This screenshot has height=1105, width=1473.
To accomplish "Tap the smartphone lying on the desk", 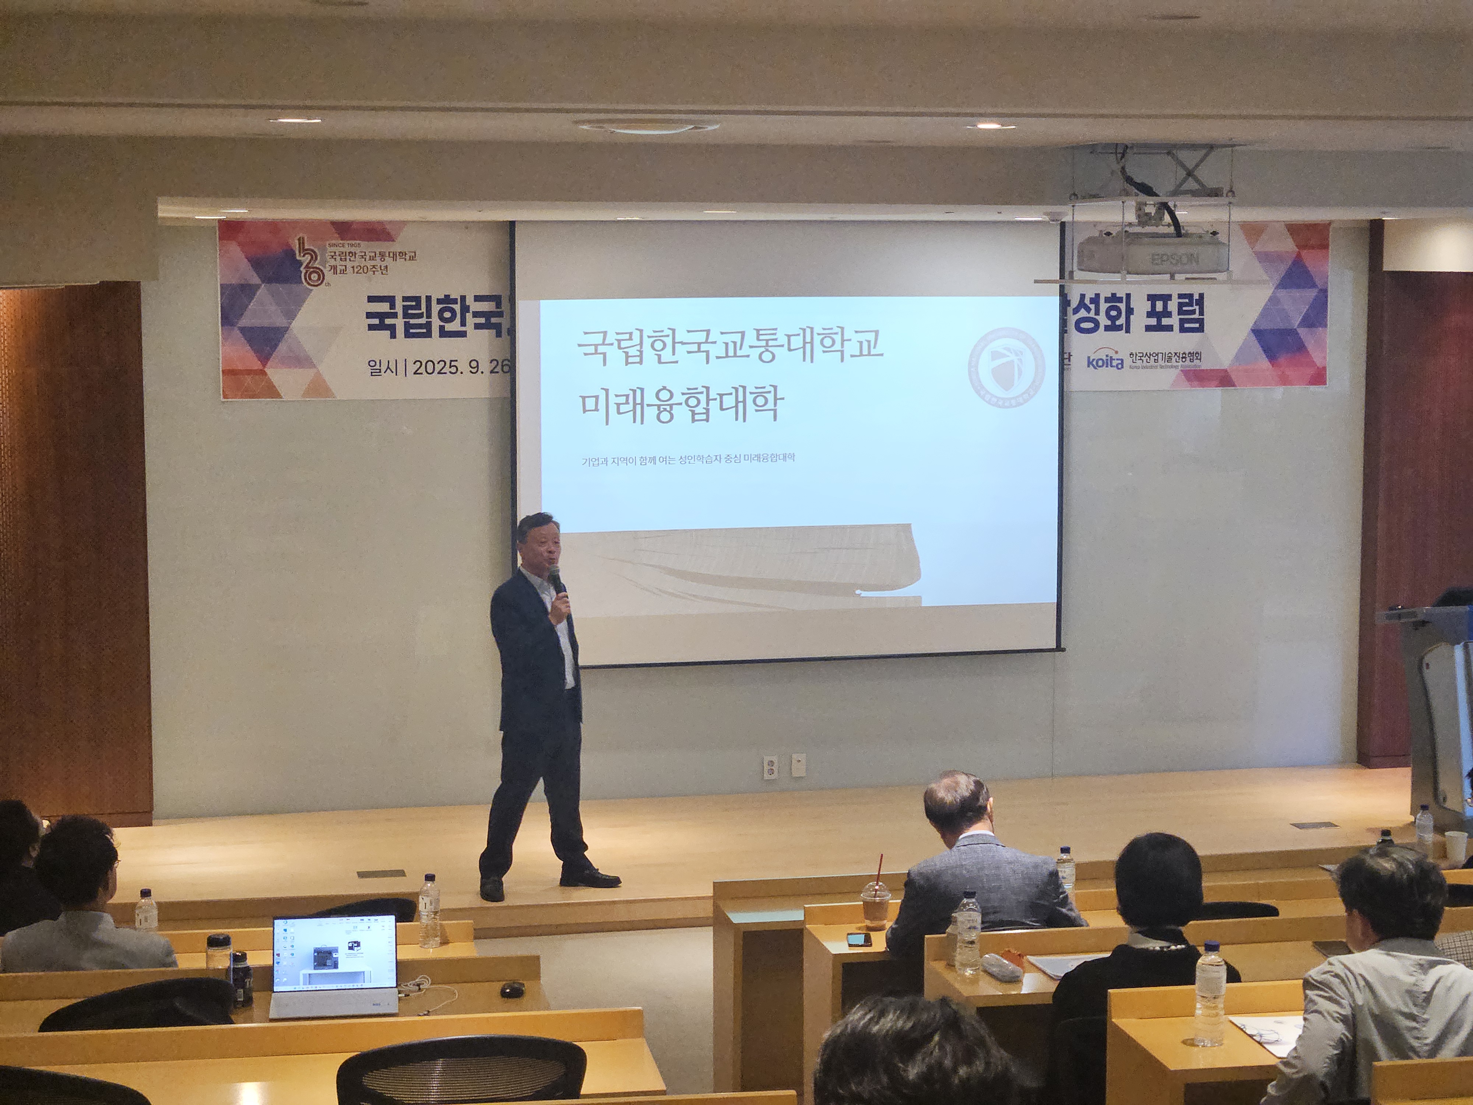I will click(858, 939).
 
